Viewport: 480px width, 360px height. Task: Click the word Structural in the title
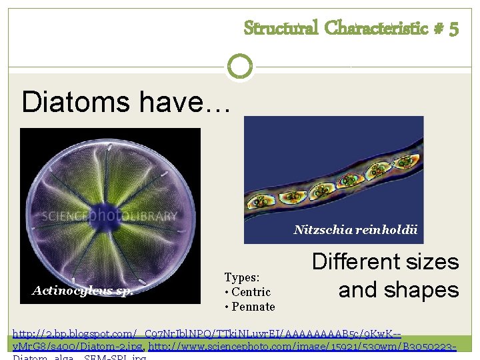coord(281,28)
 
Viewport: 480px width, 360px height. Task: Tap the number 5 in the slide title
coord(453,28)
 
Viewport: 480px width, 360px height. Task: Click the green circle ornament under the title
coord(239,67)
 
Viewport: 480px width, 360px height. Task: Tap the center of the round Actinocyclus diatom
coord(110,215)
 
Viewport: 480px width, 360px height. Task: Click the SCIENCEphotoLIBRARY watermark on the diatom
coord(110,216)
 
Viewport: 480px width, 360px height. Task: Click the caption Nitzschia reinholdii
coord(355,230)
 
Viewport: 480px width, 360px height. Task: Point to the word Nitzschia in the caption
coord(318,230)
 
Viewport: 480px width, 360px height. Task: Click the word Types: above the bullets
coord(242,277)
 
